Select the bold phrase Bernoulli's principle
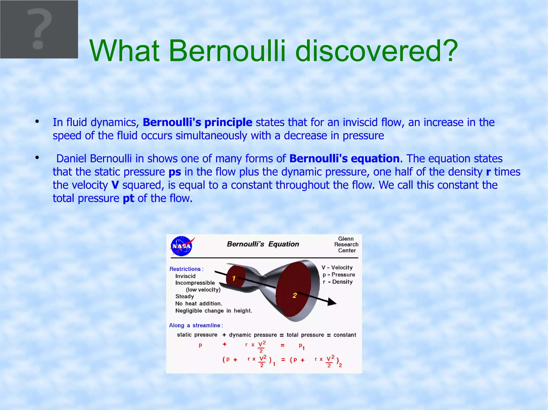(x=197, y=122)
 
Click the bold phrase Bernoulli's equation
(x=344, y=159)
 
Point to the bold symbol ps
(x=175, y=172)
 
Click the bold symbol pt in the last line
(x=128, y=198)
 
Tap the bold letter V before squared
(x=115, y=185)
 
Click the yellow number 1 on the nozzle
(x=234, y=278)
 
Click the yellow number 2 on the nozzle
(x=295, y=295)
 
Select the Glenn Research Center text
(x=346, y=244)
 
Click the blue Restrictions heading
(x=186, y=269)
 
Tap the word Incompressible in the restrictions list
(x=195, y=283)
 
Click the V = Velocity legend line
(x=337, y=267)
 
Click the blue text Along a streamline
(x=196, y=325)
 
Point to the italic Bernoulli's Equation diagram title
(x=263, y=244)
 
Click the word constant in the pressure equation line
(x=345, y=335)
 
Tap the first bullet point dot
(x=37, y=122)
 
